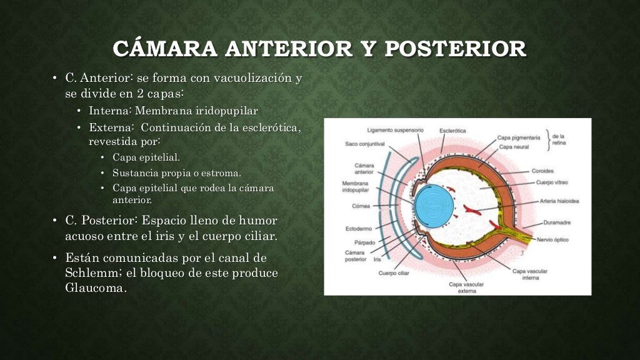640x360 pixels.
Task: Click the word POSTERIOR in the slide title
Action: click(x=455, y=49)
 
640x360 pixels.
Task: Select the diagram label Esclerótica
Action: click(x=452, y=131)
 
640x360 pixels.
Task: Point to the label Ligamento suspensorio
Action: click(x=395, y=131)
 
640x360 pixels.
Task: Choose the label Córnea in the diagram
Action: click(x=361, y=206)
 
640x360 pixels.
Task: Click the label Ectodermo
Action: click(x=359, y=229)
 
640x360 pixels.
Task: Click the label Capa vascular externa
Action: click(x=467, y=287)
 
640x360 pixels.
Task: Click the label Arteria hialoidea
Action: click(x=559, y=201)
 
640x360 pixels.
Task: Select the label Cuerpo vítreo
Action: click(x=552, y=183)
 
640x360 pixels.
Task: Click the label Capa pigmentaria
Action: click(x=519, y=137)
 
